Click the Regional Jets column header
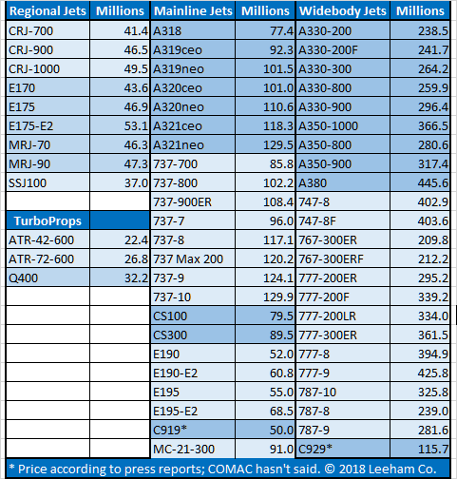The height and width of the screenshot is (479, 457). [48, 11]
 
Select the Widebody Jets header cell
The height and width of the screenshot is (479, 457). [343, 11]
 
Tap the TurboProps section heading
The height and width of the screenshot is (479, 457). [48, 220]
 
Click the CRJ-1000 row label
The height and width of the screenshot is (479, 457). [34, 69]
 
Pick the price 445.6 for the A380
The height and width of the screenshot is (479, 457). [433, 183]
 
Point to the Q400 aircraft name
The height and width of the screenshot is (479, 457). [24, 278]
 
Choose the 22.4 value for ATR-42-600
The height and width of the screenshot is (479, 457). [136, 240]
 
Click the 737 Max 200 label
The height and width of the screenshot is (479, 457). [188, 259]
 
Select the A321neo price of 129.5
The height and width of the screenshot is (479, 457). [278, 145]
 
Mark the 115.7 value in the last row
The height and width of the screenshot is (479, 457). [433, 450]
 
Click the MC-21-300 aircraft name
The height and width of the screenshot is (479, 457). [183, 450]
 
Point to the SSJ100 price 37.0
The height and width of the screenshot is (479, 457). [136, 183]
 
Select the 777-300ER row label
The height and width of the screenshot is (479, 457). [328, 335]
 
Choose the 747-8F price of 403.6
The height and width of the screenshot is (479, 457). [433, 221]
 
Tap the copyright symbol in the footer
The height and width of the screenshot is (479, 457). [330, 469]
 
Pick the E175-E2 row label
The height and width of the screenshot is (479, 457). [31, 126]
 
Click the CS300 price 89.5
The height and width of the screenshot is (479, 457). [281, 335]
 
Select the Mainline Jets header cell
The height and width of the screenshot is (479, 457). [193, 11]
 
